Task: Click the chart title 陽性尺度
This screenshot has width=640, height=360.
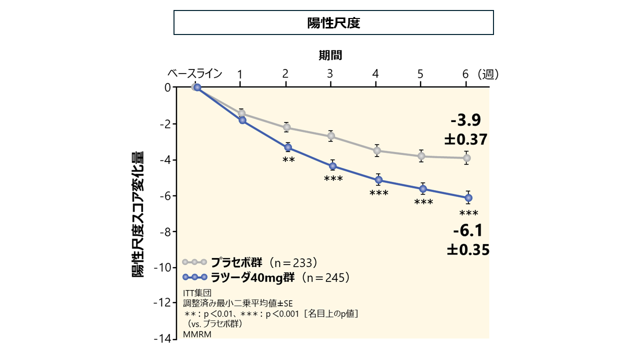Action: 333,23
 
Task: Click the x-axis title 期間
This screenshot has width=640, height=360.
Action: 330,55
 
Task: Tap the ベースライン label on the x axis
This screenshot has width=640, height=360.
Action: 194,74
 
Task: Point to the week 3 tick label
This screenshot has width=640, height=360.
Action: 330,74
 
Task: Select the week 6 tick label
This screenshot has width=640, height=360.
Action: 465,74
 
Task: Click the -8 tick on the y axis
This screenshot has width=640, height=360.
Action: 165,231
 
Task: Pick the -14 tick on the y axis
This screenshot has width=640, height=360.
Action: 163,338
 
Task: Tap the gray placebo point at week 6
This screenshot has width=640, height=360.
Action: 466,158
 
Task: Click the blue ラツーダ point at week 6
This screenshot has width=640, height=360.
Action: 468,198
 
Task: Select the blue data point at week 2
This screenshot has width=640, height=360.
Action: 288,147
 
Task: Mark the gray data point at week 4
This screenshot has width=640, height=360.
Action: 377,150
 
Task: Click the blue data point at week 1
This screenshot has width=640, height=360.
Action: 242,120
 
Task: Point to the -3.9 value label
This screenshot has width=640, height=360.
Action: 465,120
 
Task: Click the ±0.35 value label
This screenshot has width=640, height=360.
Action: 468,249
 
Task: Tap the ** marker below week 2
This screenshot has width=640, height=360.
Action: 288,160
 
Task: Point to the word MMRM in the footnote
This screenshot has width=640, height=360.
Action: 197,335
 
